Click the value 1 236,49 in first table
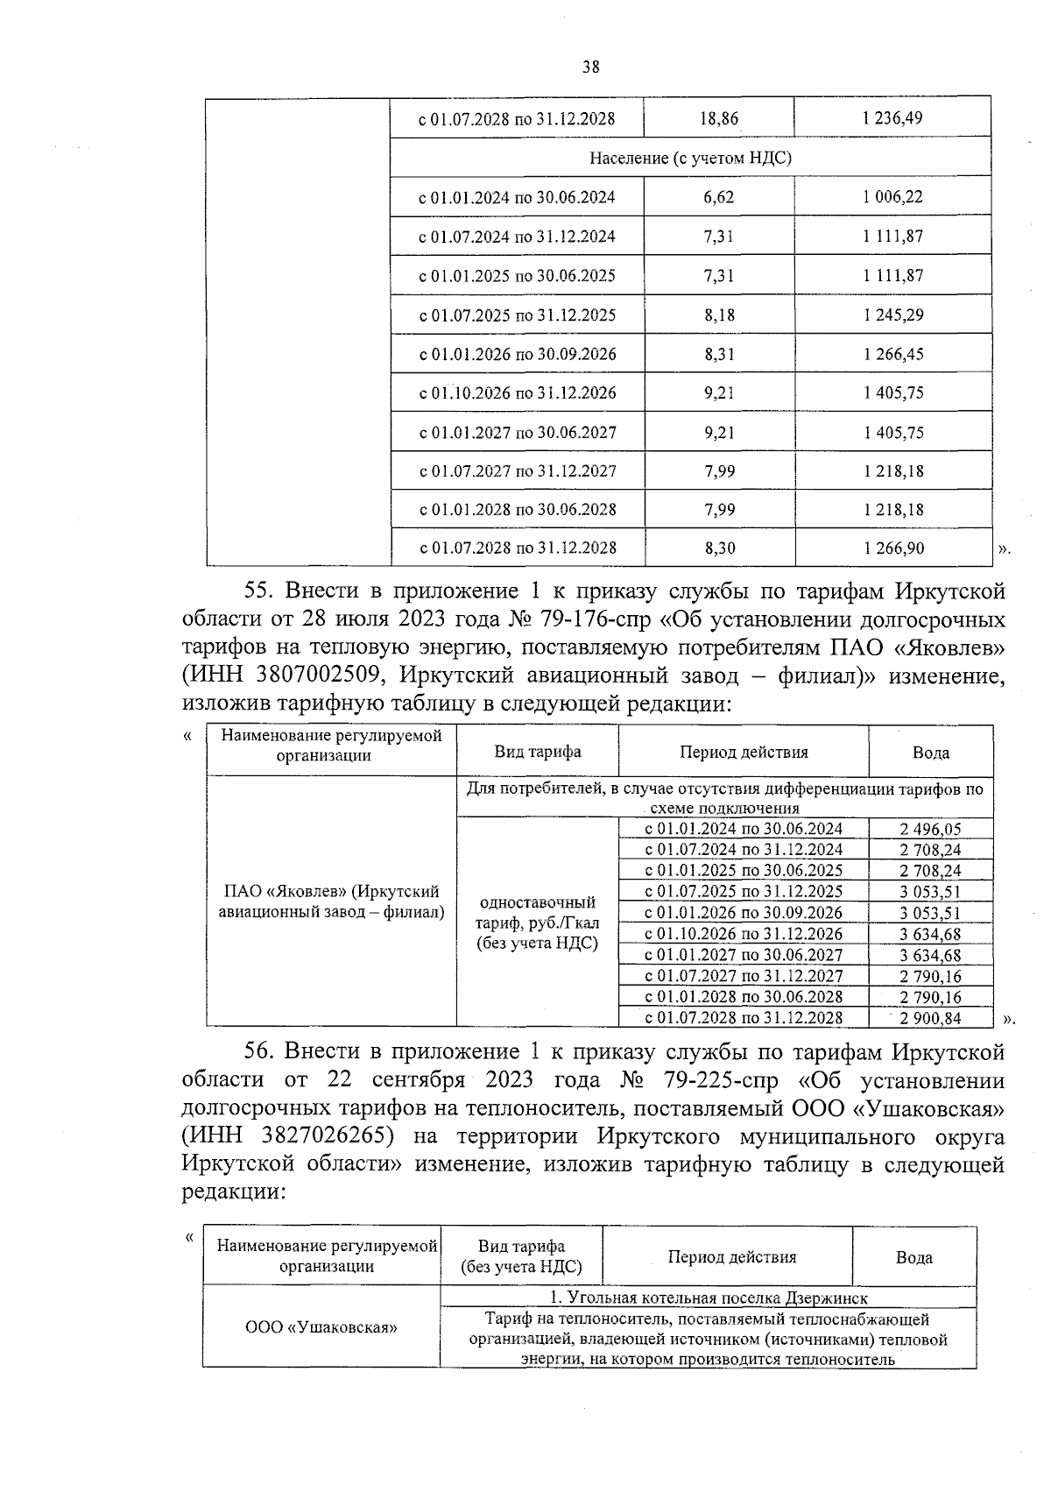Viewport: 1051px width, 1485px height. point(892,118)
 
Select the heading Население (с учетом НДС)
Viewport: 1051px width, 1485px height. point(690,158)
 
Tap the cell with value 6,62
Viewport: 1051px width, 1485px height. point(718,197)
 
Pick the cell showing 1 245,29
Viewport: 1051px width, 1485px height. point(892,315)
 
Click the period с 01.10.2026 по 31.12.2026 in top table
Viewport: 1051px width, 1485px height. point(517,392)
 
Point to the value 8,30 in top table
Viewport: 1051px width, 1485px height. point(719,548)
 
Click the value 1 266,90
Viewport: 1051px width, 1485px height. point(892,548)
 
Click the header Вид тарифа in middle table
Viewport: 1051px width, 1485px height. point(537,752)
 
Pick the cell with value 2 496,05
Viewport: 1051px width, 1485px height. point(930,829)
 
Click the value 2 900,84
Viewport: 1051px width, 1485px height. point(930,1018)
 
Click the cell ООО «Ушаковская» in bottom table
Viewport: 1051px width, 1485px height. point(321,1327)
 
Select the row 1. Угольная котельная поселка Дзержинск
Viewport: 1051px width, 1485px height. point(709,1298)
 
